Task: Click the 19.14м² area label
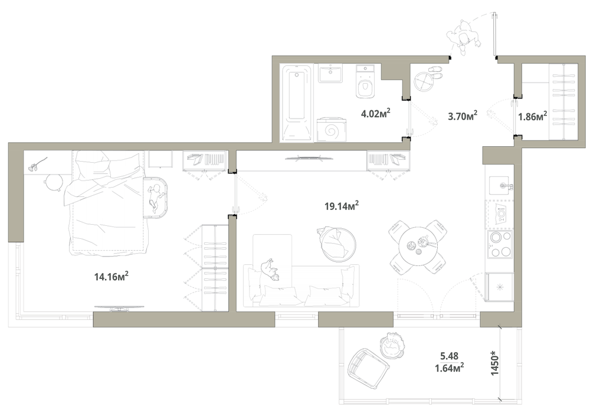341,206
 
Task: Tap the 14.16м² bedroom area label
112,277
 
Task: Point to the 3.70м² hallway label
463,116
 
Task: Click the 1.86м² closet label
532,116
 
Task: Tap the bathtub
297,103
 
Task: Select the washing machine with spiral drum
332,129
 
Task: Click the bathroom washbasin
330,73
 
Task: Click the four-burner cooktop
500,244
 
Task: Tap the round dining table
418,247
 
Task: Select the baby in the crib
155,196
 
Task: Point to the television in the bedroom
119,308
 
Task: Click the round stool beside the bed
53,182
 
